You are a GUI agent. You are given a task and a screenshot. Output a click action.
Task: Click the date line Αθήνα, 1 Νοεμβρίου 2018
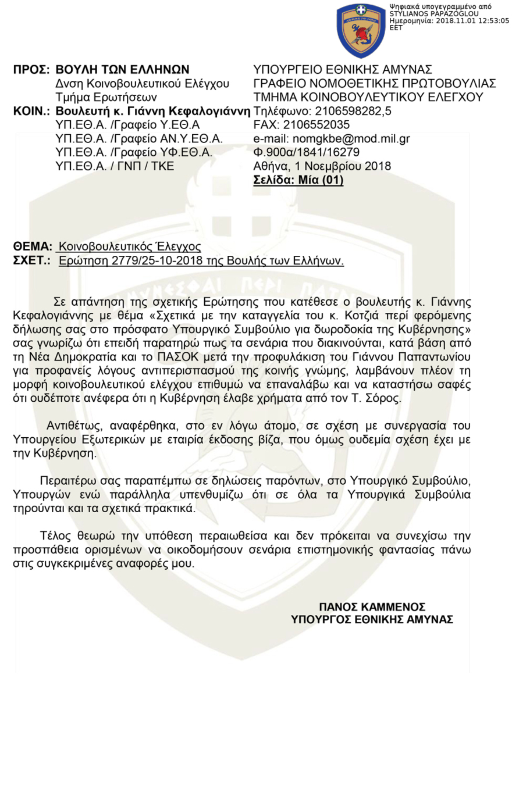pyautogui.click(x=322, y=166)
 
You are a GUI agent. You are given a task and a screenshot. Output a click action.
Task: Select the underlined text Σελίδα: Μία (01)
pyautogui.click(x=298, y=180)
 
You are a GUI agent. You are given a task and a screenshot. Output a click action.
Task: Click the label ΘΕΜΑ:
pyautogui.click(x=33, y=246)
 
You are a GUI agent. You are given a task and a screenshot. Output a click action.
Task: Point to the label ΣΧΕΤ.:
pyautogui.click(x=33, y=260)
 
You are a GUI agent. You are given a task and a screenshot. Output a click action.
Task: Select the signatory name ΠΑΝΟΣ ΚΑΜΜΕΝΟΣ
pyautogui.click(x=372, y=606)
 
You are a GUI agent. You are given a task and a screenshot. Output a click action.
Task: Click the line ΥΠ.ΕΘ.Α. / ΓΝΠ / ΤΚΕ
pyautogui.click(x=113, y=166)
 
